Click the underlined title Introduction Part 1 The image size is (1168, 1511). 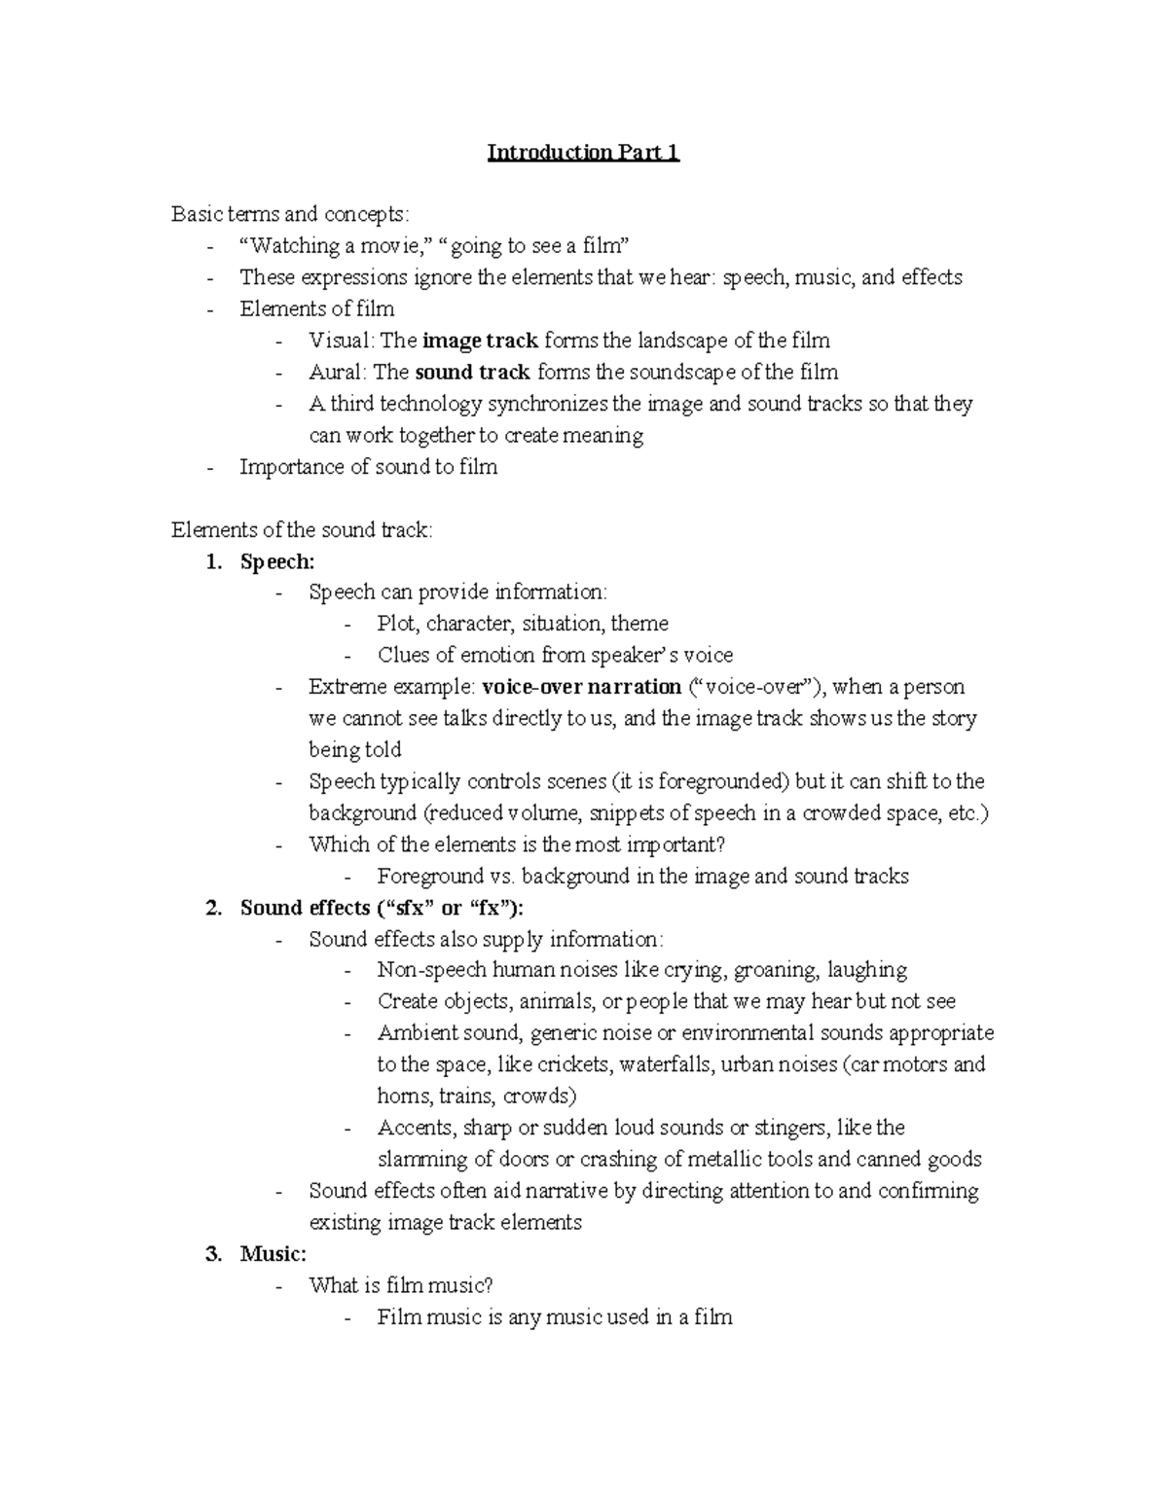tap(583, 153)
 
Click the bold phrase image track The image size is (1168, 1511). tap(480, 341)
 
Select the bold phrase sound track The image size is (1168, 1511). tap(472, 372)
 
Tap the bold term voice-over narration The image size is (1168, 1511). tap(581, 687)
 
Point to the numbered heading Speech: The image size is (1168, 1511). tap(277, 561)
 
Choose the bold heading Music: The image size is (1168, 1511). tap(274, 1254)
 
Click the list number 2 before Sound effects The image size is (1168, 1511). tap(213, 908)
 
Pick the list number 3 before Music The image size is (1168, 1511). tap(213, 1254)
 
